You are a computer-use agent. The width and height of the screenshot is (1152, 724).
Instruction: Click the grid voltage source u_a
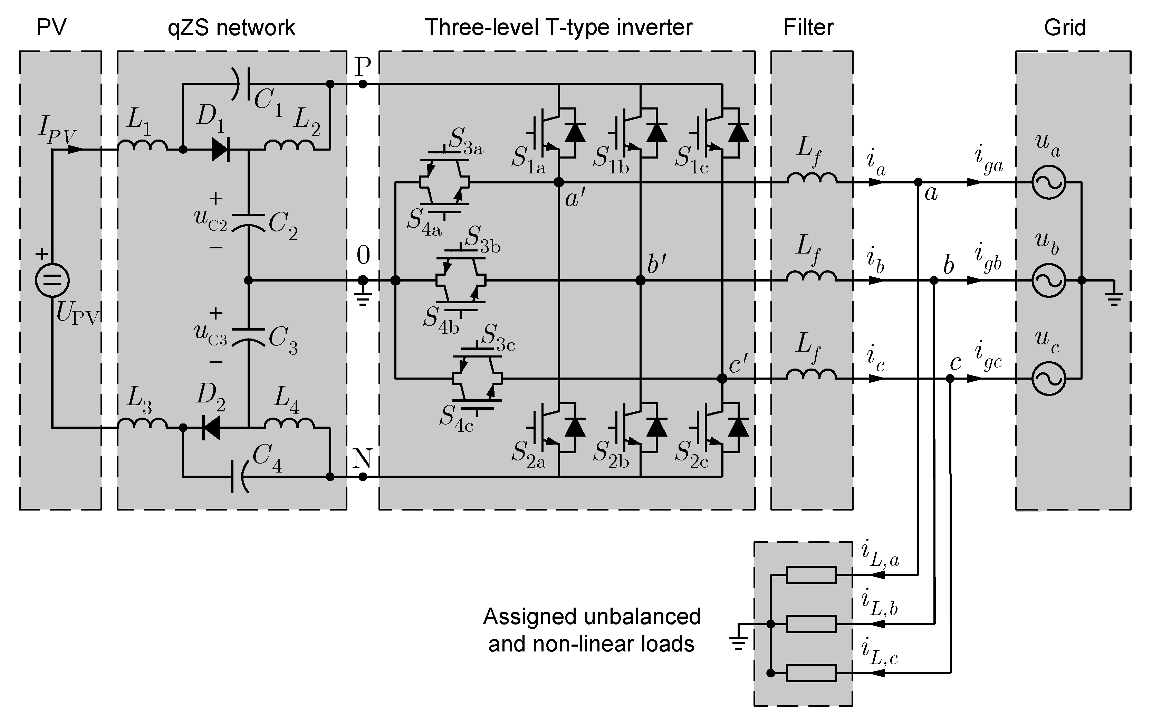(1048, 182)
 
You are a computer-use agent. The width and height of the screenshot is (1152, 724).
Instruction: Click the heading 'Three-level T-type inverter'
(558, 27)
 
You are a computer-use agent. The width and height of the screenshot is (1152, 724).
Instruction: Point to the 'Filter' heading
(808, 27)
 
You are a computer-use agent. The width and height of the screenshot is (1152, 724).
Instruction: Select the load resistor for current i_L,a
(812, 575)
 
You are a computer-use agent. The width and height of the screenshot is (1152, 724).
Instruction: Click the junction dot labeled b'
(640, 280)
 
